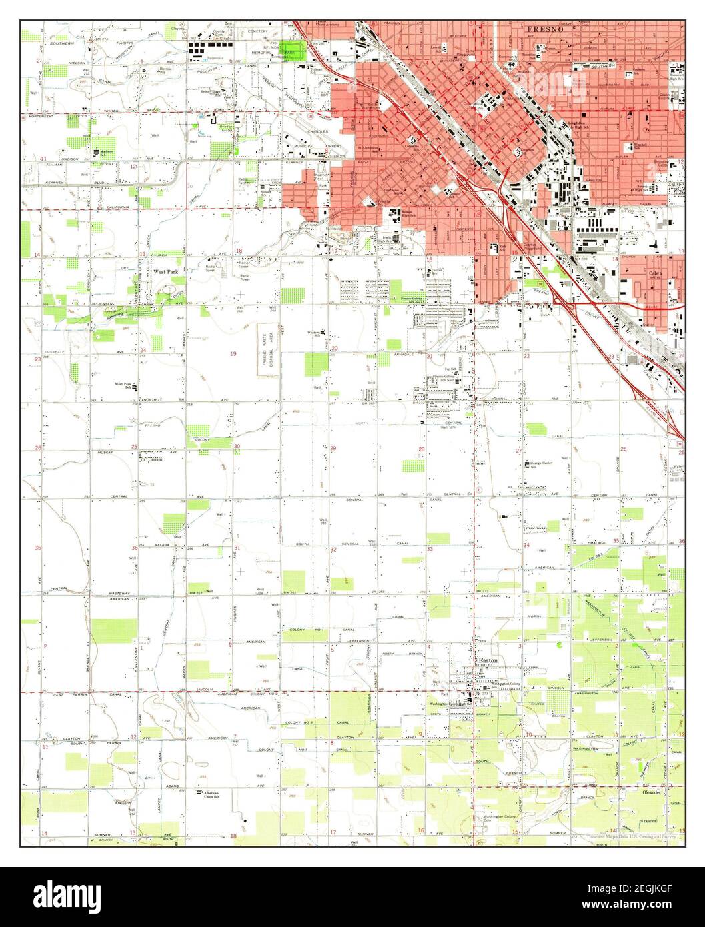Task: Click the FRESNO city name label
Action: point(546,31)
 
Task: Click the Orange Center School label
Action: point(543,463)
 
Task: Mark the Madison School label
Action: point(101,151)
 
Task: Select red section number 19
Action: point(233,352)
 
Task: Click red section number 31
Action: point(237,548)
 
